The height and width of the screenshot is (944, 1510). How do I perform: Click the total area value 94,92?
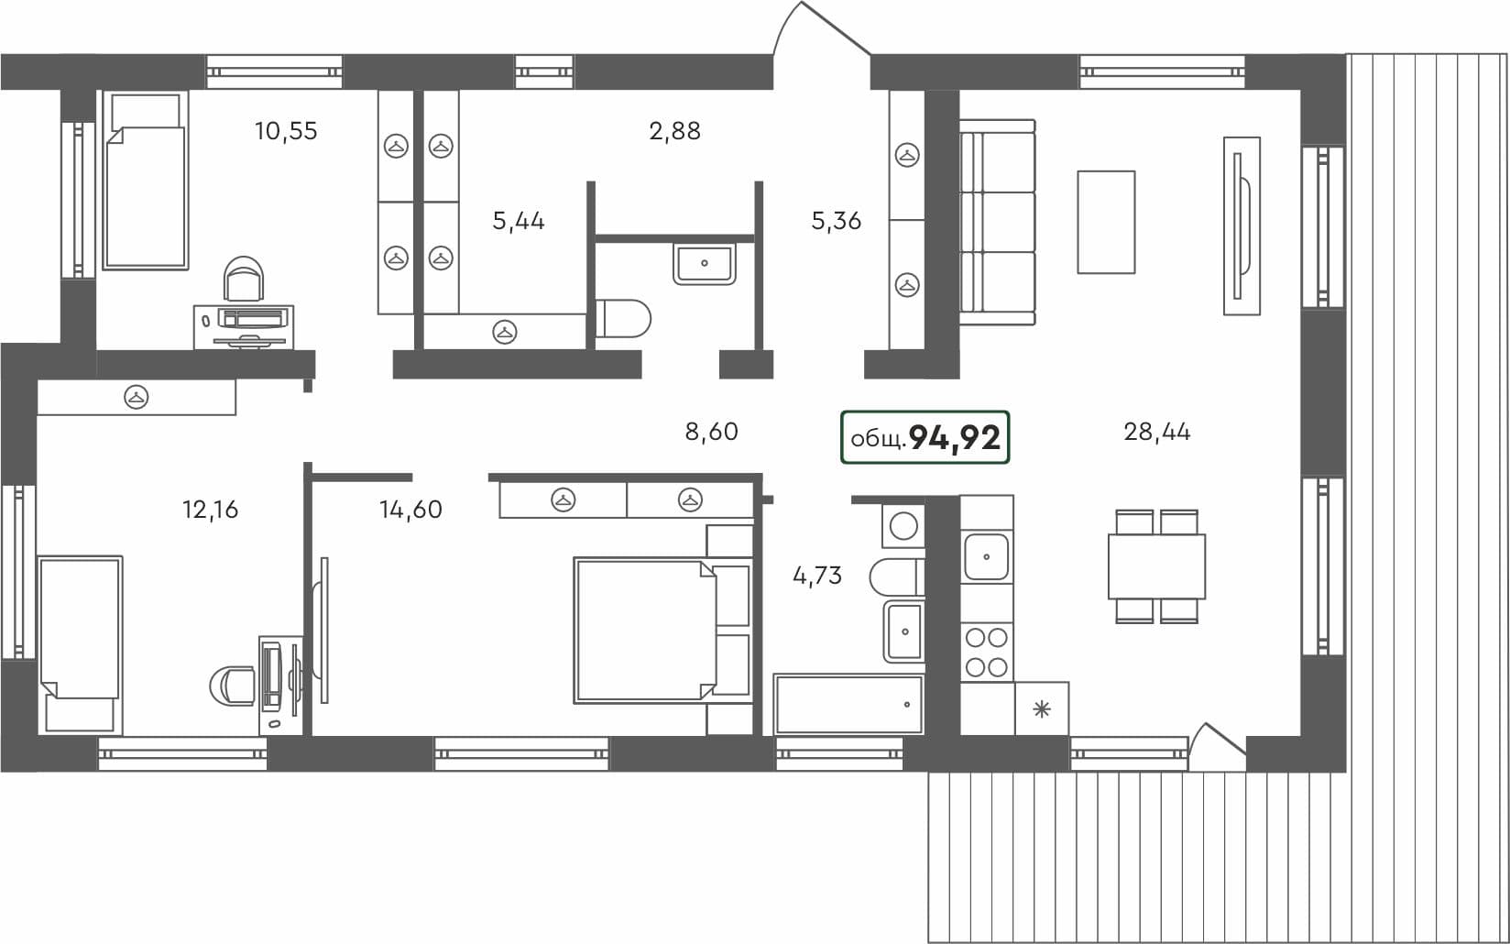click(954, 438)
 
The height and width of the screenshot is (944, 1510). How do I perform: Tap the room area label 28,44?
click(1156, 432)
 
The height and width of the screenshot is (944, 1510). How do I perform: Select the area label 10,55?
click(286, 131)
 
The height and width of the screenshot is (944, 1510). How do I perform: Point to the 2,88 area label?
click(674, 131)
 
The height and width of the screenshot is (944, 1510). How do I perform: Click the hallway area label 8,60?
click(711, 432)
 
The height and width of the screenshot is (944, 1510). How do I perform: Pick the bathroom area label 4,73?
click(816, 576)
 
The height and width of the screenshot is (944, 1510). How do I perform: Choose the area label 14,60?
click(410, 510)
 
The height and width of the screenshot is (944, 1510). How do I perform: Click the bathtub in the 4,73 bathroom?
click(848, 704)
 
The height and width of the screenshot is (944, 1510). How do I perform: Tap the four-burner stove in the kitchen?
click(987, 652)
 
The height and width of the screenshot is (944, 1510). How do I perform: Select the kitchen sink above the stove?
click(987, 556)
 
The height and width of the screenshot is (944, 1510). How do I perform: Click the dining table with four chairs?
click(1156, 566)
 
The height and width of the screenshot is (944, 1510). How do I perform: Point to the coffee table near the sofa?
click(1106, 222)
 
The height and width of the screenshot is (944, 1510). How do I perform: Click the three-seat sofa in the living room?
click(997, 222)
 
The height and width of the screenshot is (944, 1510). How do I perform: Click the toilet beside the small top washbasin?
click(623, 319)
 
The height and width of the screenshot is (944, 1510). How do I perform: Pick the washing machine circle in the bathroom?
click(903, 526)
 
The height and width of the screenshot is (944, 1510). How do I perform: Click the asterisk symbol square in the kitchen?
click(1041, 708)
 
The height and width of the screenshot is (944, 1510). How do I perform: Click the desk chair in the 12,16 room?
click(235, 686)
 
